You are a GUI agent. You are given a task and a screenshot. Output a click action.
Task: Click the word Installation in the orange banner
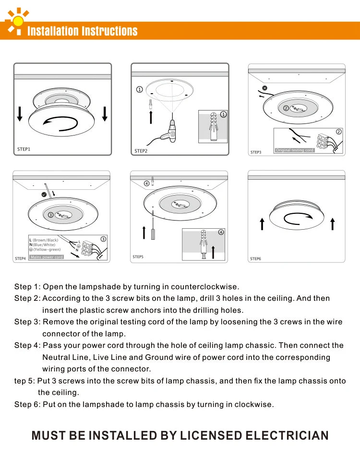tap(53, 32)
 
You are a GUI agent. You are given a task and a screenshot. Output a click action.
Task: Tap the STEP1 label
tap(24, 149)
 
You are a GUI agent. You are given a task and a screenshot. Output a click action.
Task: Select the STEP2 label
tap(141, 151)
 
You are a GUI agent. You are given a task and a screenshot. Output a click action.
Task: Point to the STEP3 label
tap(256, 152)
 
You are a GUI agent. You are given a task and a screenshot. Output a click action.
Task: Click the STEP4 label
tap(20, 259)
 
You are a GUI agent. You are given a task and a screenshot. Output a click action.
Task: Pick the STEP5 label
tap(138, 257)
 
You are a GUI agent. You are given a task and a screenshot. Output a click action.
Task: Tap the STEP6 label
tap(255, 259)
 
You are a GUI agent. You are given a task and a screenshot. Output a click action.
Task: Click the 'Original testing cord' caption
tap(295, 150)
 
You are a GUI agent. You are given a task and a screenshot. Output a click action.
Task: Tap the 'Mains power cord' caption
tap(47, 257)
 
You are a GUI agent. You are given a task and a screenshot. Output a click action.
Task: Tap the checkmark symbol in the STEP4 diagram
tap(44, 195)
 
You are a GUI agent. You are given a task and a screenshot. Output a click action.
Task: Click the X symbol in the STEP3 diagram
tap(264, 88)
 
